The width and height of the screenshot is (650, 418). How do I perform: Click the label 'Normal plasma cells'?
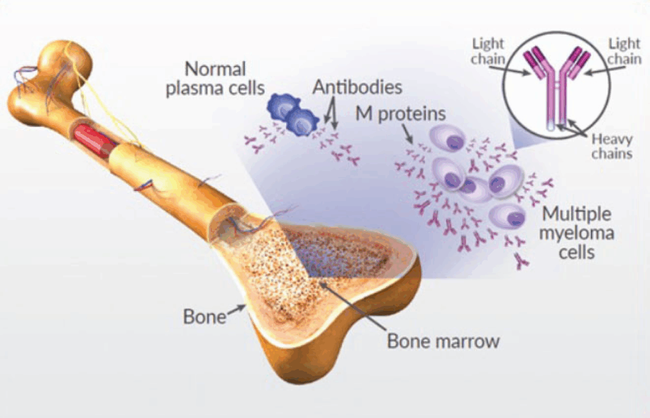(x=215, y=79)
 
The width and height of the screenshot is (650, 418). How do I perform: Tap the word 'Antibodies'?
(x=357, y=87)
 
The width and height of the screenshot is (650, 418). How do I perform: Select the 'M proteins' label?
(x=401, y=114)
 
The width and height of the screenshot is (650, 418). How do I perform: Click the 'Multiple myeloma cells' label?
(x=576, y=233)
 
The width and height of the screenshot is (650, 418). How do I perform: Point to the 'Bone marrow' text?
(x=443, y=341)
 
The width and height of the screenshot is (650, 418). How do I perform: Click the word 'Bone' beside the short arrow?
(x=205, y=317)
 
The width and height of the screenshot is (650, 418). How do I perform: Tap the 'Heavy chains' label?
(x=612, y=147)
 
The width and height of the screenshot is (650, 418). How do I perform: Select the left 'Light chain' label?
(x=488, y=51)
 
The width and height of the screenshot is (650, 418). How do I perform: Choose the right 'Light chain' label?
(x=625, y=51)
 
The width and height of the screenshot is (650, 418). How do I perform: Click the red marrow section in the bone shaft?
(x=94, y=140)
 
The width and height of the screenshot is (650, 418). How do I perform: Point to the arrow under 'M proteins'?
(x=408, y=134)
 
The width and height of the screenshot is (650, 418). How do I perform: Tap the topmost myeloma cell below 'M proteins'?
(x=449, y=139)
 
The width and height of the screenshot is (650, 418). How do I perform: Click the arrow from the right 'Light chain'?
(x=604, y=71)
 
